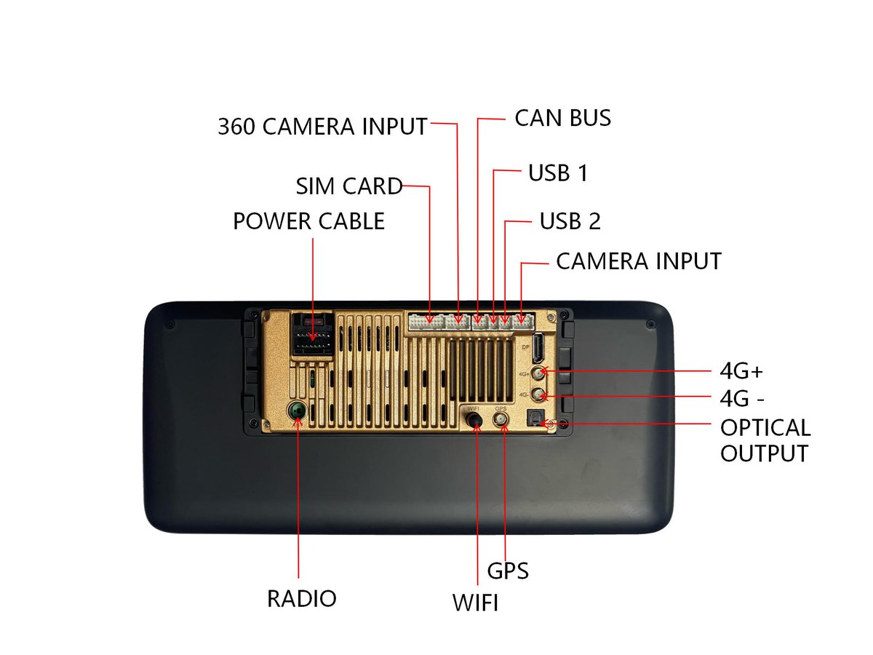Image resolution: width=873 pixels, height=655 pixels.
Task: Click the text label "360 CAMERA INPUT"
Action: point(322,126)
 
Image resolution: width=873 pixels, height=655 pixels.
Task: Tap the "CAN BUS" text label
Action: point(562,118)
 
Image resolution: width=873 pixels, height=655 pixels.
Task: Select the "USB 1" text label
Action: point(557,173)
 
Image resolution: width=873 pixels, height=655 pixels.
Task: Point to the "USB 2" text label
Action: point(570,221)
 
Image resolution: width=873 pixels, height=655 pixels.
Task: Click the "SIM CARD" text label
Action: point(349,186)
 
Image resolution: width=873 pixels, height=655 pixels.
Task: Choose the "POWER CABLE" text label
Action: point(308,221)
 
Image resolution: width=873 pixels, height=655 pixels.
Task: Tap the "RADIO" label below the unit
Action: point(302,598)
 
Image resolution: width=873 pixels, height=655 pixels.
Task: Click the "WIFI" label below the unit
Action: point(475,603)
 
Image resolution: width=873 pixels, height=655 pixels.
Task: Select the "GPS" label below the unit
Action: point(508,571)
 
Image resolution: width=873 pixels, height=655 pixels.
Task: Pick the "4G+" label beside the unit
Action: point(741,372)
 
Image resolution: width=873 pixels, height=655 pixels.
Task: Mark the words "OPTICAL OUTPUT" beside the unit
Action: point(764,440)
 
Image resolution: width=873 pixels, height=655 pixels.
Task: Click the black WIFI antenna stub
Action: point(477,421)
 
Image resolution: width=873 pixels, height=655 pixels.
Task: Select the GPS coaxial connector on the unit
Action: point(501,420)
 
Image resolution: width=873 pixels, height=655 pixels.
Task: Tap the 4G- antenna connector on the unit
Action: point(539,395)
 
